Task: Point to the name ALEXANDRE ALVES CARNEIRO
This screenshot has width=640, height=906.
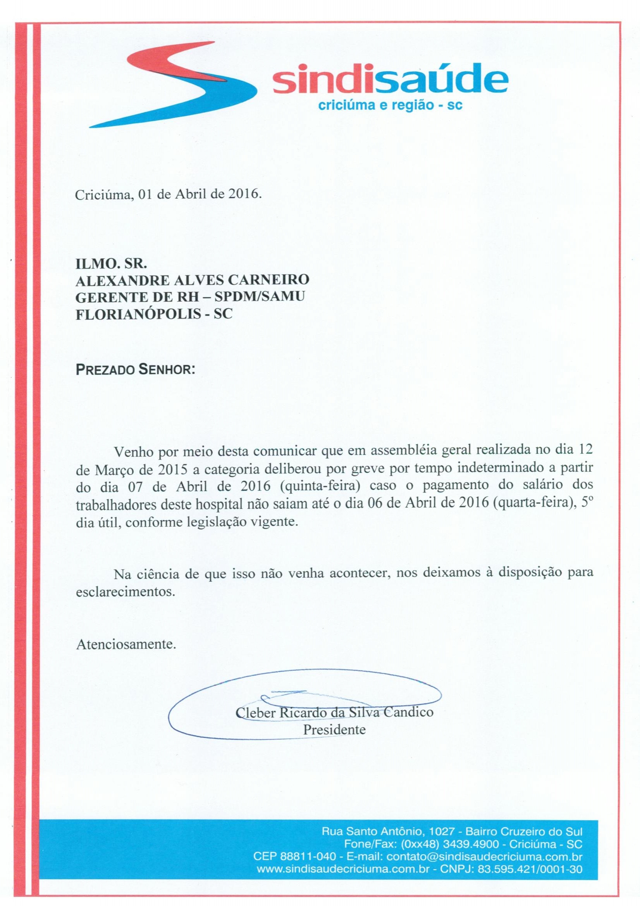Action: pos(192,280)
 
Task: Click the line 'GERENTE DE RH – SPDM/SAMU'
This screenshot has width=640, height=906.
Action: pos(190,297)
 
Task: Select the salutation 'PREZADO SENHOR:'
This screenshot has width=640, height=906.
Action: pos(135,371)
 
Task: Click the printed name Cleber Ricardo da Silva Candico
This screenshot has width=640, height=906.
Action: pos(334,713)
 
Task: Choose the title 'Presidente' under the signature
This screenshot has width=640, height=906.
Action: pos(334,729)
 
